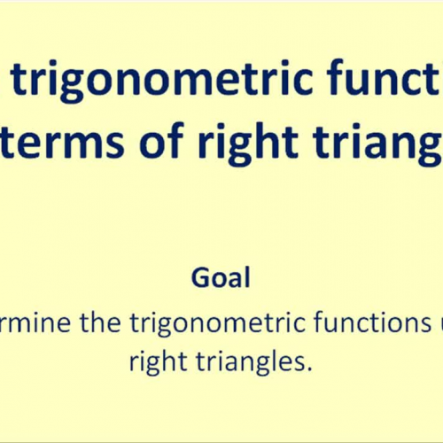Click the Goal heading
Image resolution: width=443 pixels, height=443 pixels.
click(x=221, y=278)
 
